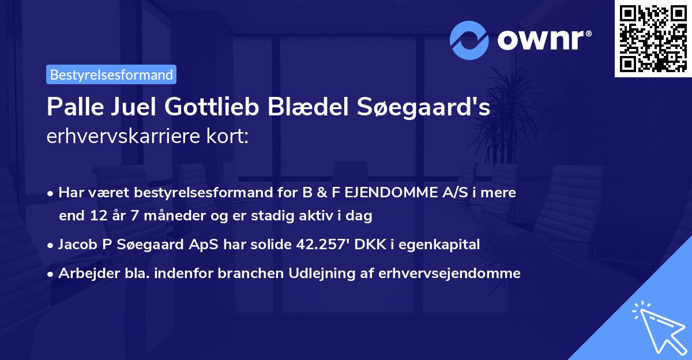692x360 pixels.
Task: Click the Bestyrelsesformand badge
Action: (x=111, y=74)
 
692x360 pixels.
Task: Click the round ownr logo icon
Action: (x=469, y=39)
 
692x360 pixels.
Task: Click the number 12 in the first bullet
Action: (x=96, y=216)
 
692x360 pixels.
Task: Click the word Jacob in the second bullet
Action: (x=77, y=245)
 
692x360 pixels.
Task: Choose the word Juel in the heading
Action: (x=131, y=107)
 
